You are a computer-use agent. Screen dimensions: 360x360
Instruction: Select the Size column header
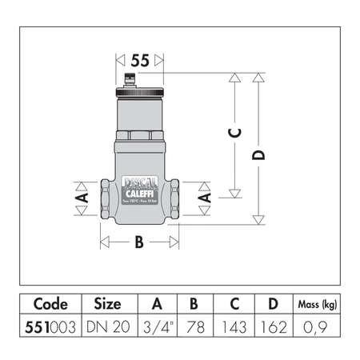pos(107,304)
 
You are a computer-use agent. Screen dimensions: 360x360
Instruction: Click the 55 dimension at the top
pos(141,61)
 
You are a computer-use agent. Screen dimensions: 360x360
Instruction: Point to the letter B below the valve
pos(138,241)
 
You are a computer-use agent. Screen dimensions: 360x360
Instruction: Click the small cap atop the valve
pos(141,78)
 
